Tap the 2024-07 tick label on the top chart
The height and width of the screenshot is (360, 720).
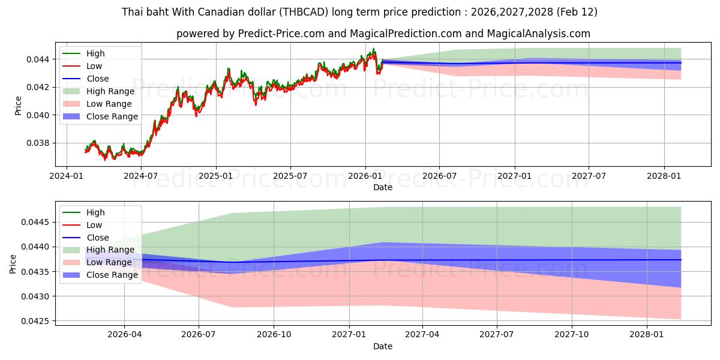pos(140,176)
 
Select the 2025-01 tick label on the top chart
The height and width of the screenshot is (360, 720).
pos(215,176)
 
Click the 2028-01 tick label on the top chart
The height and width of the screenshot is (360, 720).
pos(664,176)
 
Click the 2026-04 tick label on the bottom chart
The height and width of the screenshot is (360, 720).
pos(124,335)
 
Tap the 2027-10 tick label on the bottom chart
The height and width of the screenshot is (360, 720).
pos(572,335)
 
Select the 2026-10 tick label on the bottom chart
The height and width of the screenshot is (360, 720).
pos(274,335)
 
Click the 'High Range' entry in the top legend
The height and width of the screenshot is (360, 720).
pos(111,91)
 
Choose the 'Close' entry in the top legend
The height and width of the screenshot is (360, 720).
pos(98,79)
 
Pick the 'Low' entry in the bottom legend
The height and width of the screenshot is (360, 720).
pos(94,225)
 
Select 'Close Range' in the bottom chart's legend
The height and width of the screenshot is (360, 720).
pos(112,275)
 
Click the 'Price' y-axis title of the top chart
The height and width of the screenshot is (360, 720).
pos(19,106)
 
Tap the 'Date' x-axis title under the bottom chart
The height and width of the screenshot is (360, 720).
pos(383,346)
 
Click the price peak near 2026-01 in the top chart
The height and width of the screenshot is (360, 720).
pos(373,49)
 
